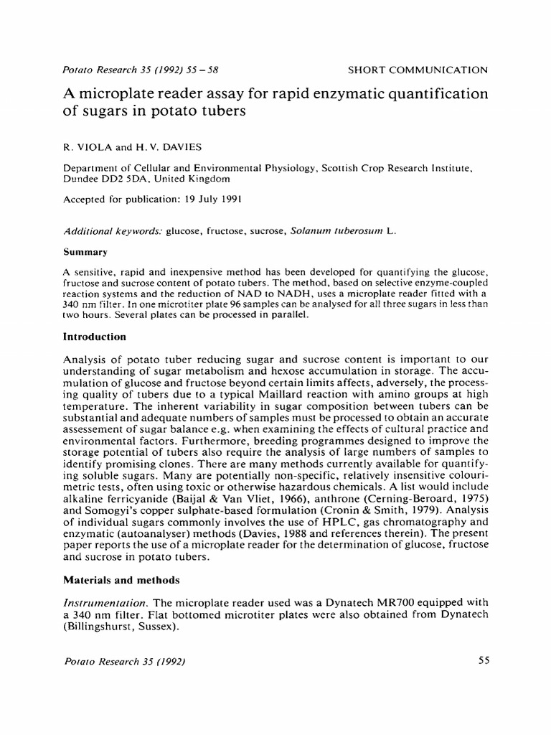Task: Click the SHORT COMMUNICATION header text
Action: [418, 70]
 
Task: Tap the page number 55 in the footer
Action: [482, 661]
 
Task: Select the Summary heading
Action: [85, 253]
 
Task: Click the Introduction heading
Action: [95, 337]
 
